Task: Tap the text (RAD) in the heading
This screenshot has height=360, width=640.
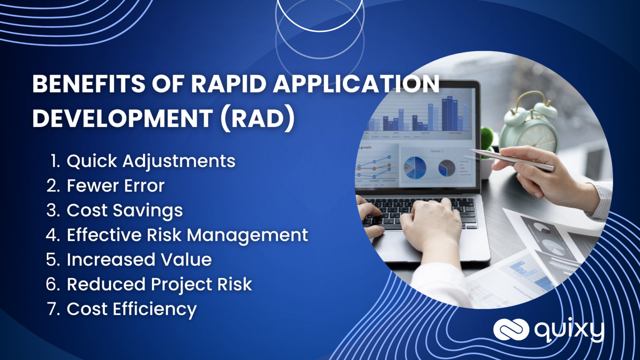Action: (x=257, y=118)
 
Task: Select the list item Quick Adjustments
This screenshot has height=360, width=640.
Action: (x=151, y=161)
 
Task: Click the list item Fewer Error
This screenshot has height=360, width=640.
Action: (x=115, y=186)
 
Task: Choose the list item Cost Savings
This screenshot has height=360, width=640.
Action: (x=125, y=210)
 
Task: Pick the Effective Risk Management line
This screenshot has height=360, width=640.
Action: (x=187, y=235)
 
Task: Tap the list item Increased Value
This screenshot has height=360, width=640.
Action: (x=139, y=260)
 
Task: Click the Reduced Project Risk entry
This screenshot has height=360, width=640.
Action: (x=159, y=284)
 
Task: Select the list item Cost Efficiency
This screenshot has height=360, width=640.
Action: (x=132, y=309)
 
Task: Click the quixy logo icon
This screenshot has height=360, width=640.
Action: (x=511, y=330)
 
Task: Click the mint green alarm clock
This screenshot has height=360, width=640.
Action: (x=531, y=127)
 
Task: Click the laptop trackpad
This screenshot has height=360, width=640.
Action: (x=400, y=246)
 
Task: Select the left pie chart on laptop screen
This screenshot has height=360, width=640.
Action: (x=415, y=167)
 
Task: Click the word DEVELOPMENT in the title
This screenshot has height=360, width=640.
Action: (x=122, y=118)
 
